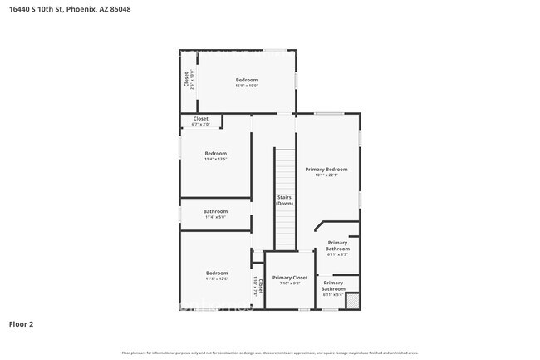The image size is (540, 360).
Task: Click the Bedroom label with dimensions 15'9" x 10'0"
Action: pyautogui.click(x=246, y=80)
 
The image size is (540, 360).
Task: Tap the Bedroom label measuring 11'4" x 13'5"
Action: pyautogui.click(x=216, y=153)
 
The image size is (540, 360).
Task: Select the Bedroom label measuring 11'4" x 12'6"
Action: pyautogui.click(x=217, y=273)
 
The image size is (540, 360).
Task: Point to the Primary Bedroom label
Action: pyautogui.click(x=326, y=169)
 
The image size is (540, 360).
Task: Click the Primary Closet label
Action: pyautogui.click(x=290, y=277)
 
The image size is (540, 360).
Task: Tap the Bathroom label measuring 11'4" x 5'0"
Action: pyautogui.click(x=215, y=211)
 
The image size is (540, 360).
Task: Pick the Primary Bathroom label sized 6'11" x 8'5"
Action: pyautogui.click(x=337, y=245)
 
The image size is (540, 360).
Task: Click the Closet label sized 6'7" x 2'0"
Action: pyautogui.click(x=201, y=119)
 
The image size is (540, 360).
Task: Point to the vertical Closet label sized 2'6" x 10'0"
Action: pyautogui.click(x=186, y=79)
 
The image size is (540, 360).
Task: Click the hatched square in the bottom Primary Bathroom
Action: pyautogui.click(x=351, y=301)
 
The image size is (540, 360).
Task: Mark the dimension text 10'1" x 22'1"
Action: pyautogui.click(x=326, y=175)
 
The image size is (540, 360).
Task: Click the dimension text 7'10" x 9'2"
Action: pyautogui.click(x=290, y=284)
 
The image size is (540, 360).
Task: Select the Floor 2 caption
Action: pyautogui.click(x=21, y=323)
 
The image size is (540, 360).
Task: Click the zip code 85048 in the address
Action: pyautogui.click(x=120, y=8)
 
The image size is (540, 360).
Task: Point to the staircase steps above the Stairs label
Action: pyautogui.click(x=285, y=170)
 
